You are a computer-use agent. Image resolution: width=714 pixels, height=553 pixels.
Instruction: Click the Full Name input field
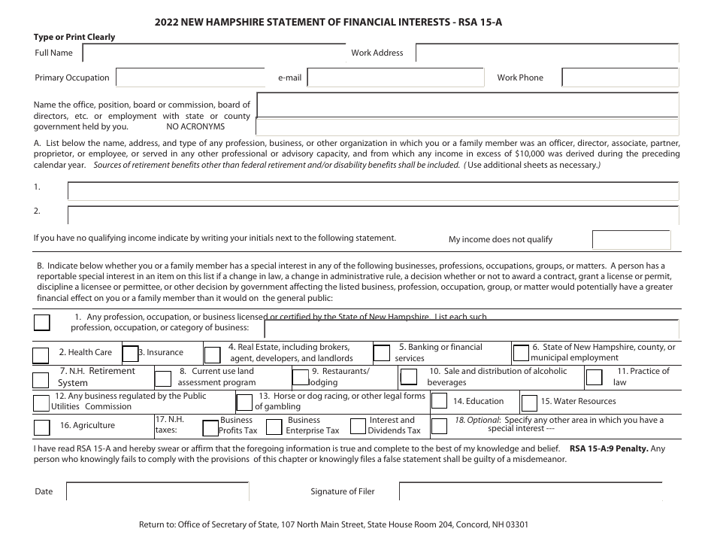(213, 53)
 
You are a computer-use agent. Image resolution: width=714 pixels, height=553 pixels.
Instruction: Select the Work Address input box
(547, 53)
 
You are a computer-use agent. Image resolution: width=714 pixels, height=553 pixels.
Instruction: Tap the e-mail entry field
(395, 77)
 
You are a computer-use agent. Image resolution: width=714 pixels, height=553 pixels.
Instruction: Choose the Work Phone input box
(620, 77)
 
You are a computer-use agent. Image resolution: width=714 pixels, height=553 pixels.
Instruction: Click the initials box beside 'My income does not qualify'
(631, 239)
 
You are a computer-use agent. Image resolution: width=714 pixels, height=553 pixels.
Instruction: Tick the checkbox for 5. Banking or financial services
(382, 353)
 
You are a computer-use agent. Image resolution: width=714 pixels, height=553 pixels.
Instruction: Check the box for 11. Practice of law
(592, 377)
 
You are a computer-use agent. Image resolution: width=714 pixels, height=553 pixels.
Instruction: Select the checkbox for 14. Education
(439, 402)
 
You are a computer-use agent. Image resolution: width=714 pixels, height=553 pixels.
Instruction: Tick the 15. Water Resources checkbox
(529, 402)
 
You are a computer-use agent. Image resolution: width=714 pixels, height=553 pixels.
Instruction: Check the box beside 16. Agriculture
(42, 427)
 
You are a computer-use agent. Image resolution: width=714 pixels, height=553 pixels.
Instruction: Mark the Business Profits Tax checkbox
(210, 427)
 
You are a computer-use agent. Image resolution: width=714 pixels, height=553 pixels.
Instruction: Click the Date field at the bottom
(158, 491)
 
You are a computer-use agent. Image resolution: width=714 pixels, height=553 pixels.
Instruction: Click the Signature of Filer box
(530, 491)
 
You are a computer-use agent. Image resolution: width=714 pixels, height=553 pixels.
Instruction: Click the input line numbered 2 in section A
(373, 214)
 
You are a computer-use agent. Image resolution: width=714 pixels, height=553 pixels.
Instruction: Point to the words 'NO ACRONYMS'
(195, 127)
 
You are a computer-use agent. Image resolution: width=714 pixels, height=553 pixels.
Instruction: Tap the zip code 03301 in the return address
(515, 524)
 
